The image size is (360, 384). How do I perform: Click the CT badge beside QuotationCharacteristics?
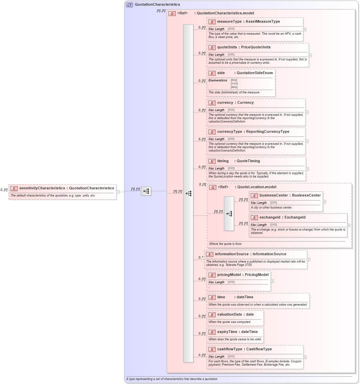pyautogui.click(x=129, y=5)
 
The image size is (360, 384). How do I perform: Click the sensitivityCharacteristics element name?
pyautogui.click(x=42, y=188)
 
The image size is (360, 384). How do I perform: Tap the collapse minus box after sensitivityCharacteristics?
pyautogui.click(x=118, y=192)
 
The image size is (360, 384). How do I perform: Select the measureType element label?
pyautogui.click(x=229, y=22)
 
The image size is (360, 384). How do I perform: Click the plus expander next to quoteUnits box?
pyautogui.click(x=310, y=55)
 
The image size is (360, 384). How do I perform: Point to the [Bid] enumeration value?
pyautogui.click(x=234, y=80)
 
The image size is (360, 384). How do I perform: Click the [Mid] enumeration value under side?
pyautogui.click(x=234, y=87)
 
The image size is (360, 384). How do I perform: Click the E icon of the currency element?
pyautogui.click(x=212, y=103)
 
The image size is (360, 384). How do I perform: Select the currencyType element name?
pyautogui.click(x=230, y=132)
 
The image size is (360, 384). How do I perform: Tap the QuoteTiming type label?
pyautogui.click(x=248, y=161)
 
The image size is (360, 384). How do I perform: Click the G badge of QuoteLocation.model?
pyautogui.click(x=213, y=187)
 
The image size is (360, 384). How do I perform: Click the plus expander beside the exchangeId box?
pyautogui.click(x=349, y=226)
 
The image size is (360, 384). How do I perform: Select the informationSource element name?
pyautogui.click(x=232, y=254)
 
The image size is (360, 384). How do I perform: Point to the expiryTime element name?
pyautogui.click(x=227, y=332)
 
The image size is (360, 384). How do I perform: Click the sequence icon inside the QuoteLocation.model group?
pyautogui.click(x=229, y=214)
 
